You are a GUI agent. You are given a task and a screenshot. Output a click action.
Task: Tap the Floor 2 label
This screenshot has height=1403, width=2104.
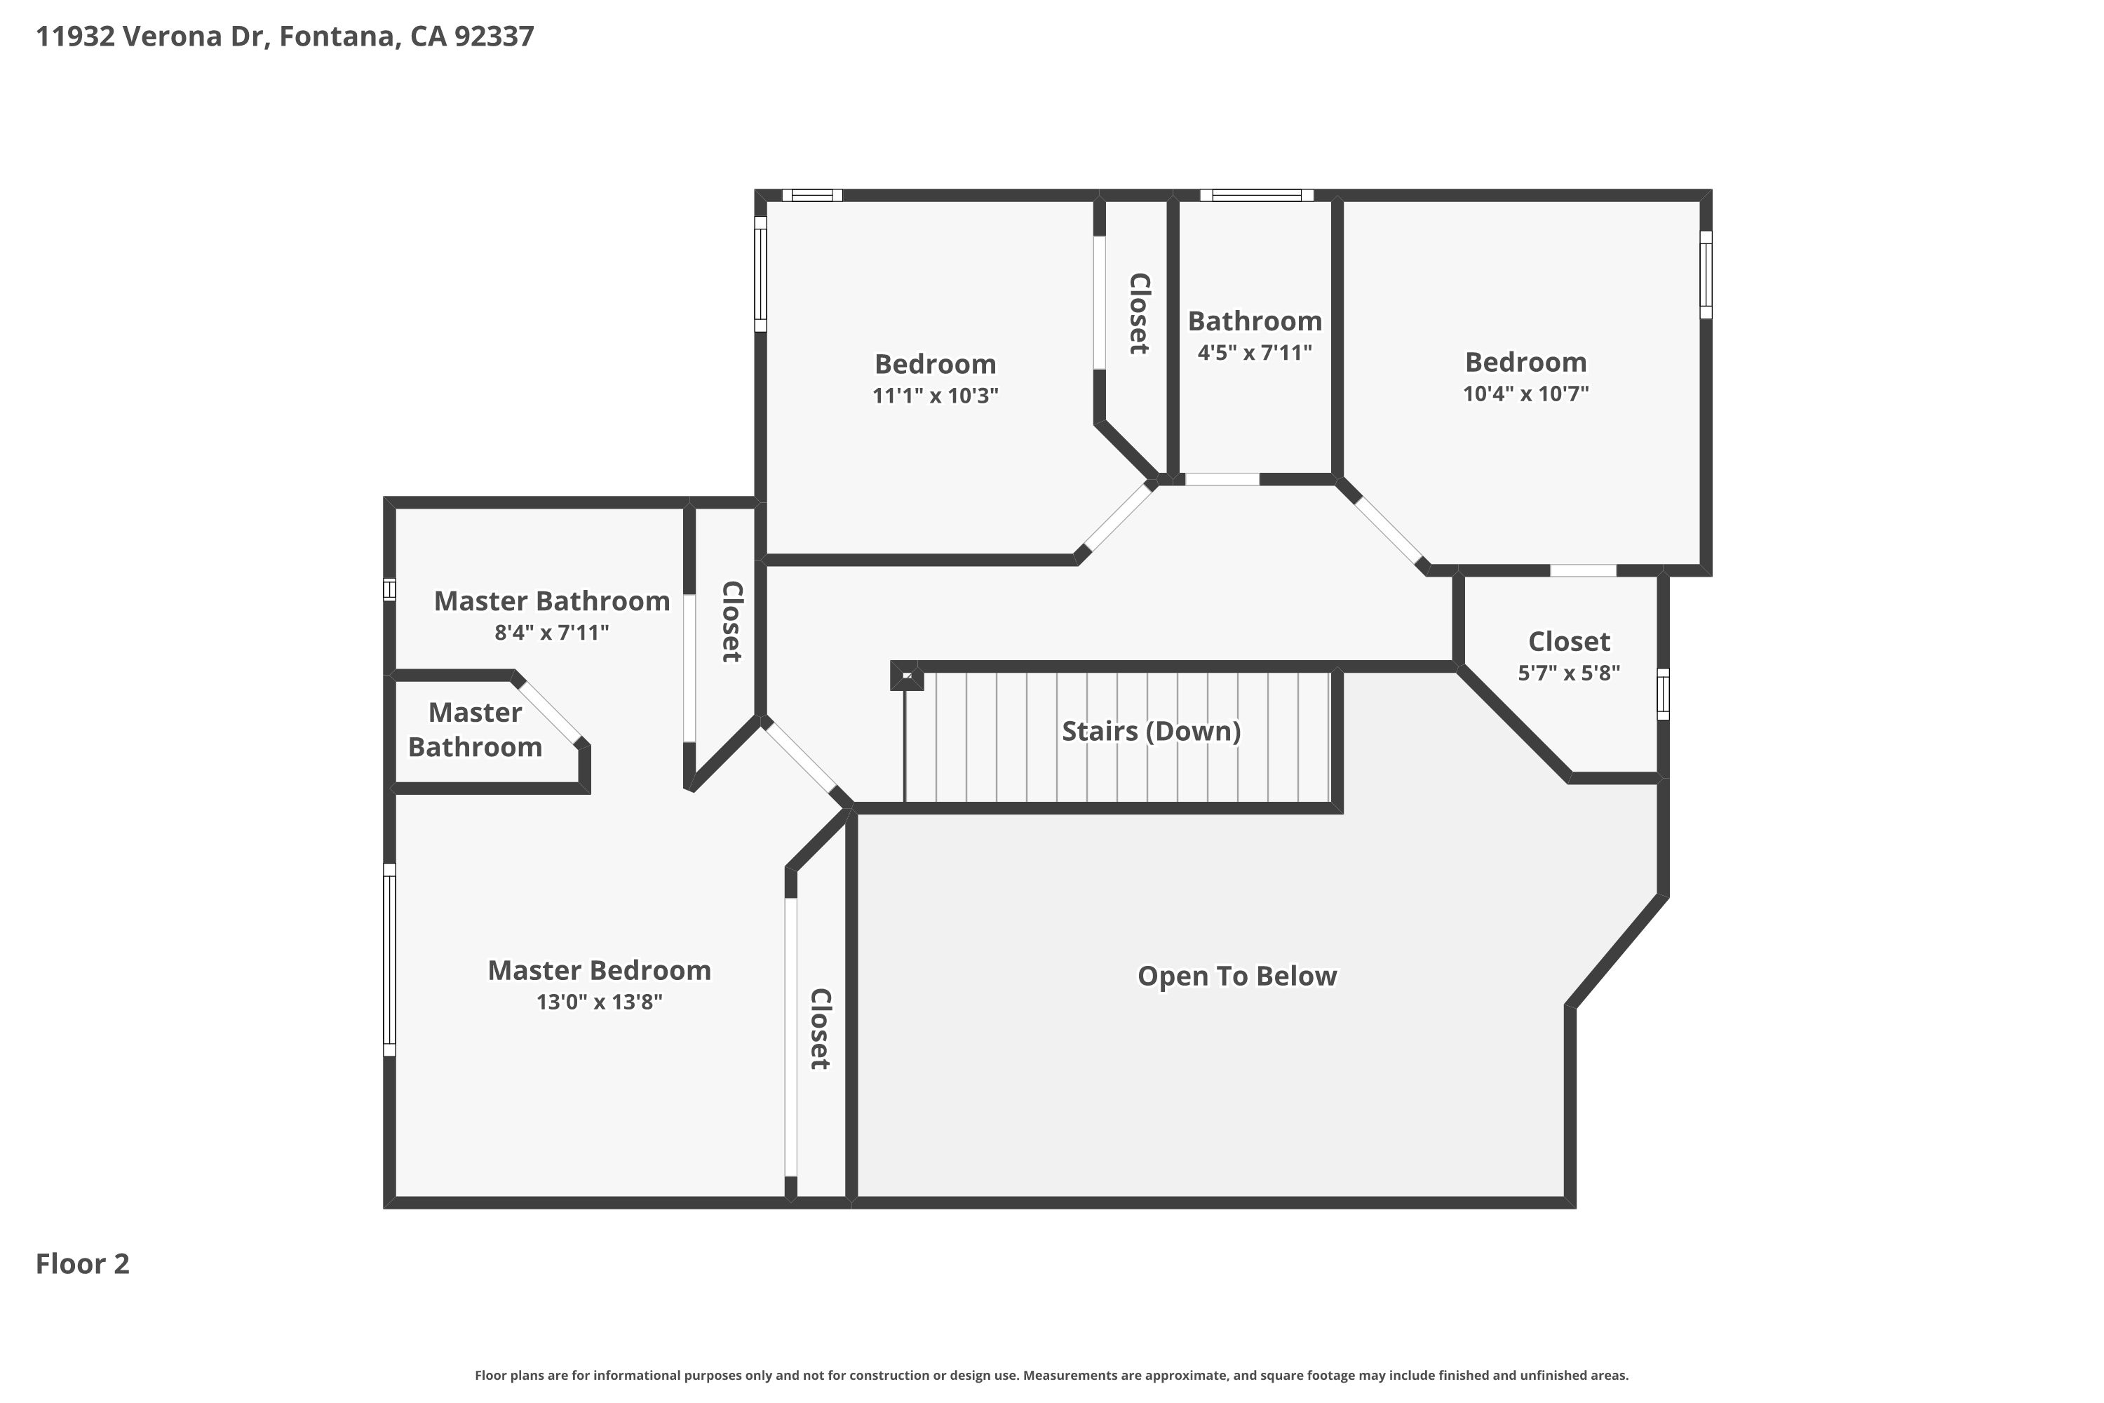click(x=82, y=1263)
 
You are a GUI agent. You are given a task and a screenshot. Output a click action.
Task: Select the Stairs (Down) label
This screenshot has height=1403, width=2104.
click(x=1150, y=731)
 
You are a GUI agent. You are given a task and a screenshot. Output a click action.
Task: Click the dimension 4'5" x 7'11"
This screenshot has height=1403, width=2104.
click(x=1254, y=353)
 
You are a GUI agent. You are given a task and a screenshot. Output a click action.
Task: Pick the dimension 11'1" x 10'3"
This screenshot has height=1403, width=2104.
click(x=935, y=396)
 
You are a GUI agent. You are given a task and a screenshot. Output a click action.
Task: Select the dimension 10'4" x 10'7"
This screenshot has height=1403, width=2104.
click(x=1525, y=394)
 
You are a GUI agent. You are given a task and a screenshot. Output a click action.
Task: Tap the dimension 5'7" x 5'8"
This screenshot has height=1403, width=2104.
click(x=1568, y=673)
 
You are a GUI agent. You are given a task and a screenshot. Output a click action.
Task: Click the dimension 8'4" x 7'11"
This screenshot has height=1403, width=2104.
click(x=551, y=633)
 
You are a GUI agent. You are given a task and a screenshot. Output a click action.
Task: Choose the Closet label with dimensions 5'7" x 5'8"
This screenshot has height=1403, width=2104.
click(x=1568, y=642)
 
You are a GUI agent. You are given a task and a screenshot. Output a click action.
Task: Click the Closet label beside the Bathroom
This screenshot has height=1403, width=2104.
click(x=1138, y=313)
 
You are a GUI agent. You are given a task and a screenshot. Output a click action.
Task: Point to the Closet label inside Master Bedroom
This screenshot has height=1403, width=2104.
click(x=819, y=1028)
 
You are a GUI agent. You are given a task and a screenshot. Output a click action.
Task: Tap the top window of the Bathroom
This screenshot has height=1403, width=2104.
click(x=1256, y=195)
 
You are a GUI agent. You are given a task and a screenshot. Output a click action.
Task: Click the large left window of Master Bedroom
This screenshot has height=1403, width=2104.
click(x=389, y=959)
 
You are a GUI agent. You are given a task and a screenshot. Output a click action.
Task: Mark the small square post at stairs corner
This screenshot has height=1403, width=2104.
click(x=905, y=676)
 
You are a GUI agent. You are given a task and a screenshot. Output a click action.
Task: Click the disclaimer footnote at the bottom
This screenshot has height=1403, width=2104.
click(x=1051, y=1375)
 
